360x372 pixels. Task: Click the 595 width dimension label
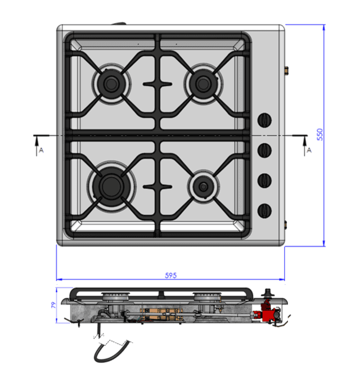(x=171, y=275)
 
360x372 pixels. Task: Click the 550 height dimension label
(x=320, y=134)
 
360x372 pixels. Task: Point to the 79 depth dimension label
(x=53, y=305)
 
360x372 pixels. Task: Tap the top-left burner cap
(x=111, y=84)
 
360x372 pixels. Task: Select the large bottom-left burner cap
(x=111, y=186)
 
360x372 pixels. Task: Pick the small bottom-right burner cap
(x=203, y=187)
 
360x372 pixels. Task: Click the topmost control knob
(x=264, y=120)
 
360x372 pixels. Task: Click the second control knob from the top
(x=264, y=150)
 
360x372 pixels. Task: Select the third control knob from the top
(x=264, y=180)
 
